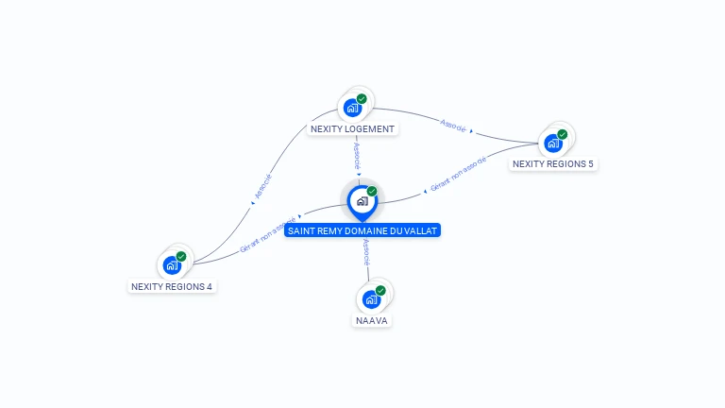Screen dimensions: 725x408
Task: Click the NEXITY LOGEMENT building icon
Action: coord(352,109)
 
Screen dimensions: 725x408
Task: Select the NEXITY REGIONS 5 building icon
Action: coord(553,144)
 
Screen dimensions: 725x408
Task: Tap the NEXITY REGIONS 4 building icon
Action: coord(172,265)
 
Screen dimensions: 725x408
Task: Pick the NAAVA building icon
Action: coord(371,299)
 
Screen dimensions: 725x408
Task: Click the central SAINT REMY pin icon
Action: coord(362,202)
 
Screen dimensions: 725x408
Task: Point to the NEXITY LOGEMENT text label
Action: coord(352,129)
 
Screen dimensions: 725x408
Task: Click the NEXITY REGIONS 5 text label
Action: coord(553,163)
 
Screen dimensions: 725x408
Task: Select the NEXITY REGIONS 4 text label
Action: coord(172,287)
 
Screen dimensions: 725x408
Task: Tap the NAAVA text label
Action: coord(372,320)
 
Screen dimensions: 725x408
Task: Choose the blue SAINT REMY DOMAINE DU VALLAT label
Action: coord(362,230)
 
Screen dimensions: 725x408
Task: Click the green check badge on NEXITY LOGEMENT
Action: coord(362,99)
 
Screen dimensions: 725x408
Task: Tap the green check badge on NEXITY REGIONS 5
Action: coord(563,134)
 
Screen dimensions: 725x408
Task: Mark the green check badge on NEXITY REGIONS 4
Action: coord(181,256)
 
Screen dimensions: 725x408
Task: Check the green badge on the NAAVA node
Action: coord(380,291)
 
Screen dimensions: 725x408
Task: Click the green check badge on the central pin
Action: coord(372,191)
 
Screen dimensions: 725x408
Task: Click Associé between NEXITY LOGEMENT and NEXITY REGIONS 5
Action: coord(453,126)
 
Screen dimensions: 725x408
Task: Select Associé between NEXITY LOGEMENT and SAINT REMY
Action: coord(357,156)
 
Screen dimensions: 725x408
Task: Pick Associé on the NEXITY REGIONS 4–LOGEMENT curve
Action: coord(263,186)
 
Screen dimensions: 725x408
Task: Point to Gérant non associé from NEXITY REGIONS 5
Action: coord(458,174)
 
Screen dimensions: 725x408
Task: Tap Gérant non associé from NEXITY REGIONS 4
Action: coord(268,234)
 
